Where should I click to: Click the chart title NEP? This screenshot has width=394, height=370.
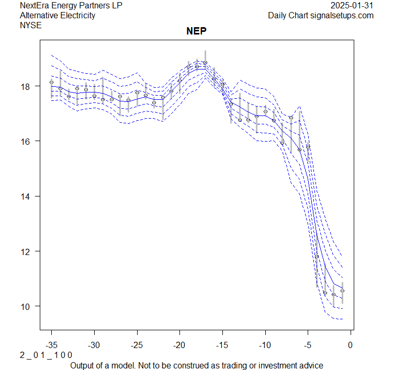pos(197,31)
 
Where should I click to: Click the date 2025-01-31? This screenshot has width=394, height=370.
pos(352,6)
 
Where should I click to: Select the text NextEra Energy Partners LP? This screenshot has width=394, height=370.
pos(71,6)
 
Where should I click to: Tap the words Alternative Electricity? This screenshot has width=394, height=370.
pos(58,15)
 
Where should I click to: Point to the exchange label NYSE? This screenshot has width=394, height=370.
pos(30,25)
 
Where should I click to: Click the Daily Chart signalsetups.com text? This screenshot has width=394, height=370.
pos(321,15)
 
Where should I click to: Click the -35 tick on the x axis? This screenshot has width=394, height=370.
pos(51,344)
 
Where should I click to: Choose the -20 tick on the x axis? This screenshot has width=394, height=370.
pos(179,344)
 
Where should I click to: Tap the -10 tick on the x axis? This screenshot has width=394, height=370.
pos(265,344)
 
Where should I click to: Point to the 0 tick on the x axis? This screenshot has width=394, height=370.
pos(350,344)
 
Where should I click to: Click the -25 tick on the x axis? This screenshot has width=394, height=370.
pos(137,344)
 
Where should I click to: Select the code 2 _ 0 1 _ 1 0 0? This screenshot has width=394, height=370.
pos(46,355)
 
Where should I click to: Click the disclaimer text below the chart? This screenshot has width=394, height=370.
pos(197,365)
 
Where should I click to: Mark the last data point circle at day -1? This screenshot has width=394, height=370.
pos(342,291)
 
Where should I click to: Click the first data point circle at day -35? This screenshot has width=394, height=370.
pos(51,82)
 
